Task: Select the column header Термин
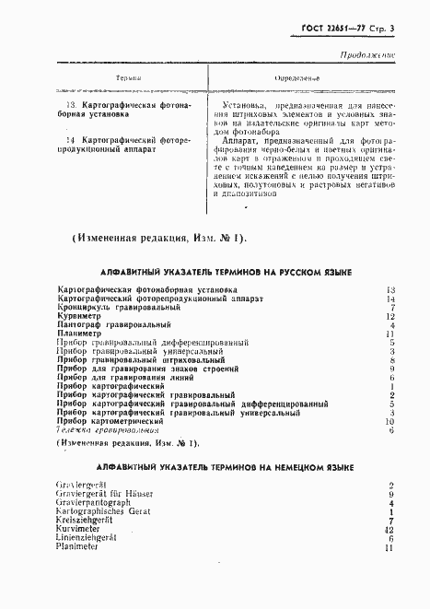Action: click(x=126, y=79)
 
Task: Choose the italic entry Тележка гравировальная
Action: click(x=107, y=430)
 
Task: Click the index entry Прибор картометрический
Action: click(x=115, y=421)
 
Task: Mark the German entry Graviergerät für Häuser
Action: click(x=104, y=495)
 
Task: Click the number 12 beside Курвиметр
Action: click(x=389, y=316)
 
